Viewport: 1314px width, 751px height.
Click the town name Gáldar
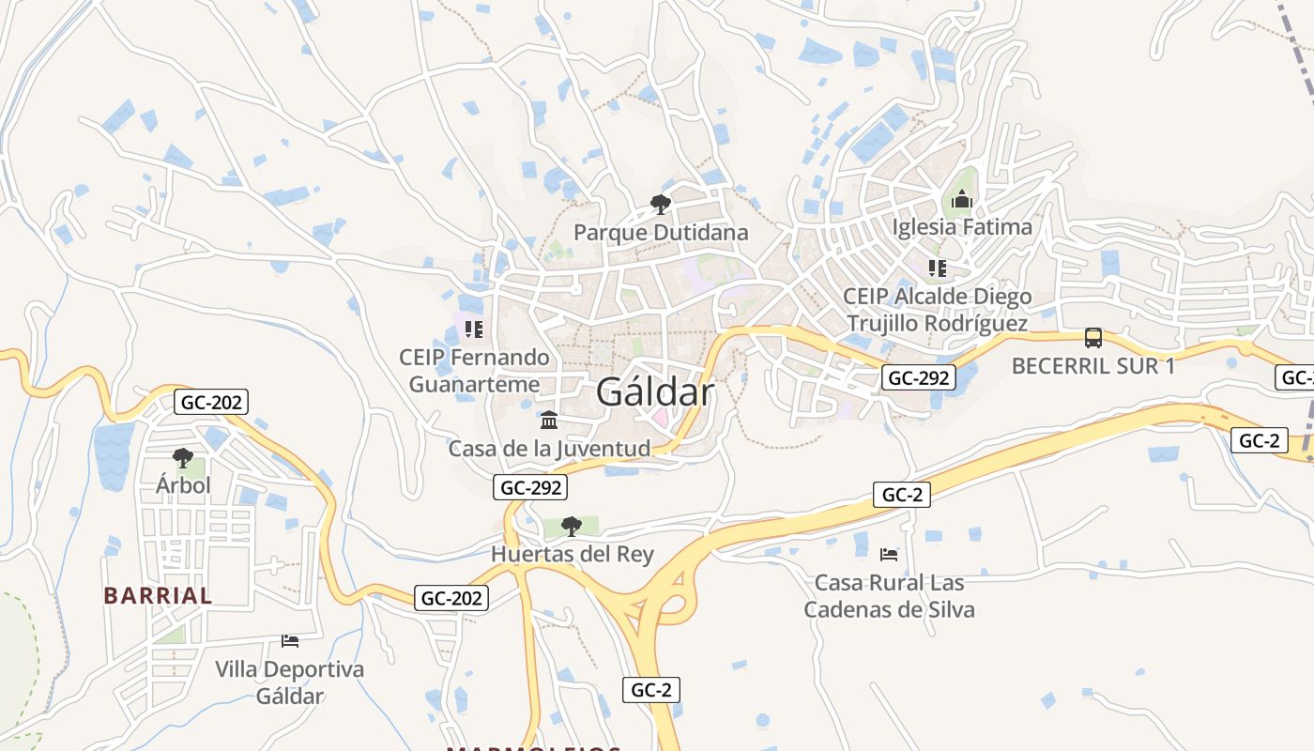click(x=654, y=391)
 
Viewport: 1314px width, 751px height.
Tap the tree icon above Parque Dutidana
click(x=661, y=204)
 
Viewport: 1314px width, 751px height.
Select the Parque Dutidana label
click(x=661, y=232)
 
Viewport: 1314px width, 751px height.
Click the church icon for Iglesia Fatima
click(x=961, y=199)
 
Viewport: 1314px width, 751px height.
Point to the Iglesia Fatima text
click(x=961, y=226)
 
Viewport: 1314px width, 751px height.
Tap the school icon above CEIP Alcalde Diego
click(x=937, y=268)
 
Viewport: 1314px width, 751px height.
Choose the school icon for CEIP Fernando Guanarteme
click(x=474, y=330)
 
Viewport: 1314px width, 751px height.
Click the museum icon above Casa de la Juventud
click(x=549, y=420)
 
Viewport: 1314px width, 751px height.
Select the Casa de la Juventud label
click(x=549, y=449)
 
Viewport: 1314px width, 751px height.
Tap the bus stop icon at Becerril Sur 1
click(x=1092, y=337)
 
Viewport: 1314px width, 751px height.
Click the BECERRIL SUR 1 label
click(x=1092, y=366)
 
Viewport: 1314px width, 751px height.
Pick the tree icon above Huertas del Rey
click(x=571, y=526)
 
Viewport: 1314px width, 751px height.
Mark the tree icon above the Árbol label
click(x=182, y=457)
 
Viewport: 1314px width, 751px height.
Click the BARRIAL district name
click(x=158, y=595)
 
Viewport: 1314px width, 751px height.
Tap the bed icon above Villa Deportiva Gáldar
click(x=290, y=641)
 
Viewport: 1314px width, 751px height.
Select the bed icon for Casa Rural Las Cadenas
click(x=888, y=555)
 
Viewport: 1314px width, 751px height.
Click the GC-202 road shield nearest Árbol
click(x=211, y=403)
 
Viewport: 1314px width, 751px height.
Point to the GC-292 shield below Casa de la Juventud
click(x=531, y=487)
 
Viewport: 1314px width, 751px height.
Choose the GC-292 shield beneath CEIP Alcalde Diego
click(x=919, y=378)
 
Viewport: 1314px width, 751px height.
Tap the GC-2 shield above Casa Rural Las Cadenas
click(x=901, y=495)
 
